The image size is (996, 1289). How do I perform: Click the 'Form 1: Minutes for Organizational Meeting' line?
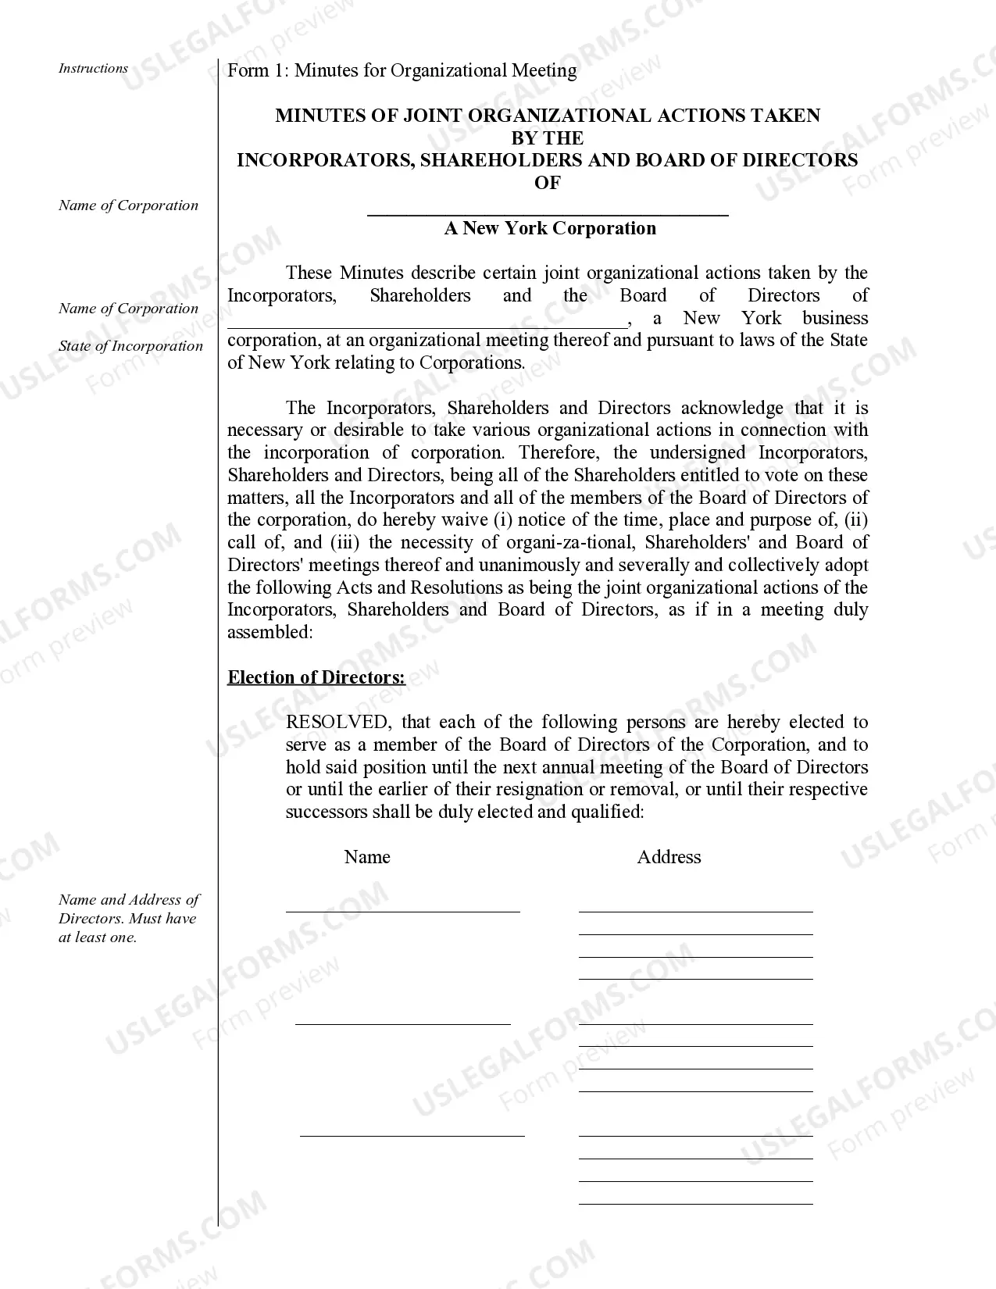(402, 70)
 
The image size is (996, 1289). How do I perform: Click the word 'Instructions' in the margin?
(93, 69)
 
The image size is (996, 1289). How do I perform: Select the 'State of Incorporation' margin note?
(130, 346)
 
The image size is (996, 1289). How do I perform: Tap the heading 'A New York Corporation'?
(550, 228)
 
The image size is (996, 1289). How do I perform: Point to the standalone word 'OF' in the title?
(547, 183)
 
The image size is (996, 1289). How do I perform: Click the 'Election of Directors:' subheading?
(316, 677)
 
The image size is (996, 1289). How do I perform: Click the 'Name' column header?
(366, 857)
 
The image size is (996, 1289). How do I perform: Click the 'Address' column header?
(669, 857)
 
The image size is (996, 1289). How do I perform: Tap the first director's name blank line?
(402, 909)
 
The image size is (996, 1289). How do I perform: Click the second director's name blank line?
(402, 1022)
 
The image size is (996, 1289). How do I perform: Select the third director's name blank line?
(412, 1134)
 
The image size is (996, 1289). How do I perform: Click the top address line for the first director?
(695, 909)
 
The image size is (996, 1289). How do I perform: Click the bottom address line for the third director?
(695, 1202)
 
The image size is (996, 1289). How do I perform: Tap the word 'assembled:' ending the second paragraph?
(270, 633)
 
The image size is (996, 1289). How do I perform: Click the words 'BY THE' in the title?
(547, 138)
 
